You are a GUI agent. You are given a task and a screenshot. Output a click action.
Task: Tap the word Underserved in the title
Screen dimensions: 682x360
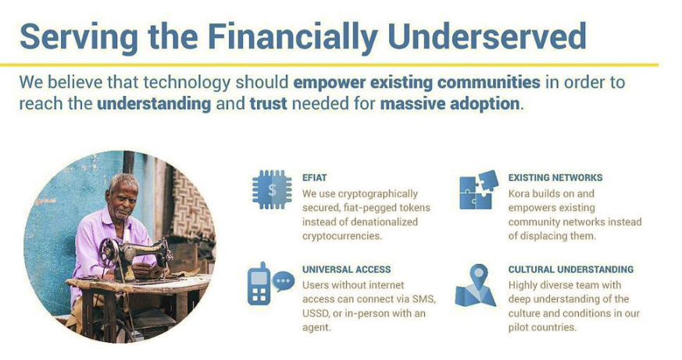coord(487,36)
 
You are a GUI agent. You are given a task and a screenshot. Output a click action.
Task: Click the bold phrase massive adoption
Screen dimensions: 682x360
coord(450,104)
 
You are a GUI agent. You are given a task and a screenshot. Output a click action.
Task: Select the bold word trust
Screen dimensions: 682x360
coord(269,104)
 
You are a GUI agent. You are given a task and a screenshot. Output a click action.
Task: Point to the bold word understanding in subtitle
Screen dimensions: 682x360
coord(154,104)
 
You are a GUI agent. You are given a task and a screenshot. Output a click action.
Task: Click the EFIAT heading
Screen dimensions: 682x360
coord(315,178)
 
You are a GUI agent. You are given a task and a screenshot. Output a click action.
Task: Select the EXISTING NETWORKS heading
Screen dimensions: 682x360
coord(555,178)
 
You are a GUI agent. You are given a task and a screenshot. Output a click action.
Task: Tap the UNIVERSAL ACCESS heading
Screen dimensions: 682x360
coord(347,269)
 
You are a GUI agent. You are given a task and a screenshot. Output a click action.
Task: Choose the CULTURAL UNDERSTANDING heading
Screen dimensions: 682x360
coord(570,269)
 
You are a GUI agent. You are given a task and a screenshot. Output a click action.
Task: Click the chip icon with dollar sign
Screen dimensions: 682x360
coord(272,190)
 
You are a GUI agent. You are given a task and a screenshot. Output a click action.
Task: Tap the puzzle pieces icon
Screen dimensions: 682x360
coord(478,190)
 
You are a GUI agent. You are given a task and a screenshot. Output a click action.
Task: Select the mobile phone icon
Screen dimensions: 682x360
coord(259,284)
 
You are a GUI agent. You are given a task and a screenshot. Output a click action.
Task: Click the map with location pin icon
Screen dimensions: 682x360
coord(476,286)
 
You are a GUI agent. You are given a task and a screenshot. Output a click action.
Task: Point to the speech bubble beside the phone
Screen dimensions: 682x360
coord(283,281)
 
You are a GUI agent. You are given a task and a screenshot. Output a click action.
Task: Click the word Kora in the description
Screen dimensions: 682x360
coord(519,194)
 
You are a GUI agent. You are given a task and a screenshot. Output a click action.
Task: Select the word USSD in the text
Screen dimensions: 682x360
coord(316,313)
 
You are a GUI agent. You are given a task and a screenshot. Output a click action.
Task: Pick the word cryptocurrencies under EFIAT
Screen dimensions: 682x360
coord(342,236)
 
